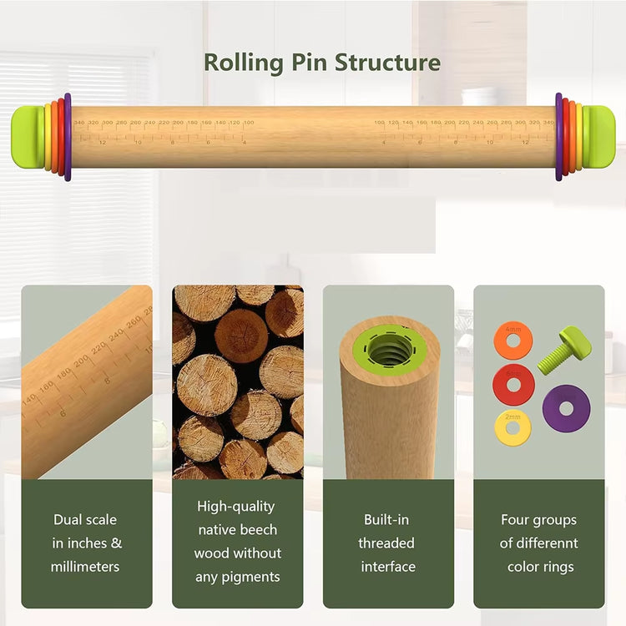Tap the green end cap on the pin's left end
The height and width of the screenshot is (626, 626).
tap(27, 137)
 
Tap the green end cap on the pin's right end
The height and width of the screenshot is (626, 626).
tap(599, 137)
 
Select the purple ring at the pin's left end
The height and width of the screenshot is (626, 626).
tap(68, 137)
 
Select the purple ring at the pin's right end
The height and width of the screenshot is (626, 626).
tap(558, 137)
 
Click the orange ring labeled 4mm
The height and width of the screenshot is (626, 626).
tap(512, 341)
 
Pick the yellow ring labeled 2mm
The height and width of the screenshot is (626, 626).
tap(512, 427)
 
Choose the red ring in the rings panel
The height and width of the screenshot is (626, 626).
tap(513, 384)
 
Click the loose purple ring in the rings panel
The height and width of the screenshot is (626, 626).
tap(566, 407)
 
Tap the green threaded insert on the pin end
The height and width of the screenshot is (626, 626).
tap(390, 349)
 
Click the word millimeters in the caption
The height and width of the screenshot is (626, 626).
tap(85, 567)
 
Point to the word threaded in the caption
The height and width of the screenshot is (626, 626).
tap(386, 543)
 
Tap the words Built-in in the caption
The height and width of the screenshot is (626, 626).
tap(386, 520)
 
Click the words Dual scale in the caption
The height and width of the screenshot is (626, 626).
tap(85, 520)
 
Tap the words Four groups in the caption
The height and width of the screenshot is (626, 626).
tap(538, 520)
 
